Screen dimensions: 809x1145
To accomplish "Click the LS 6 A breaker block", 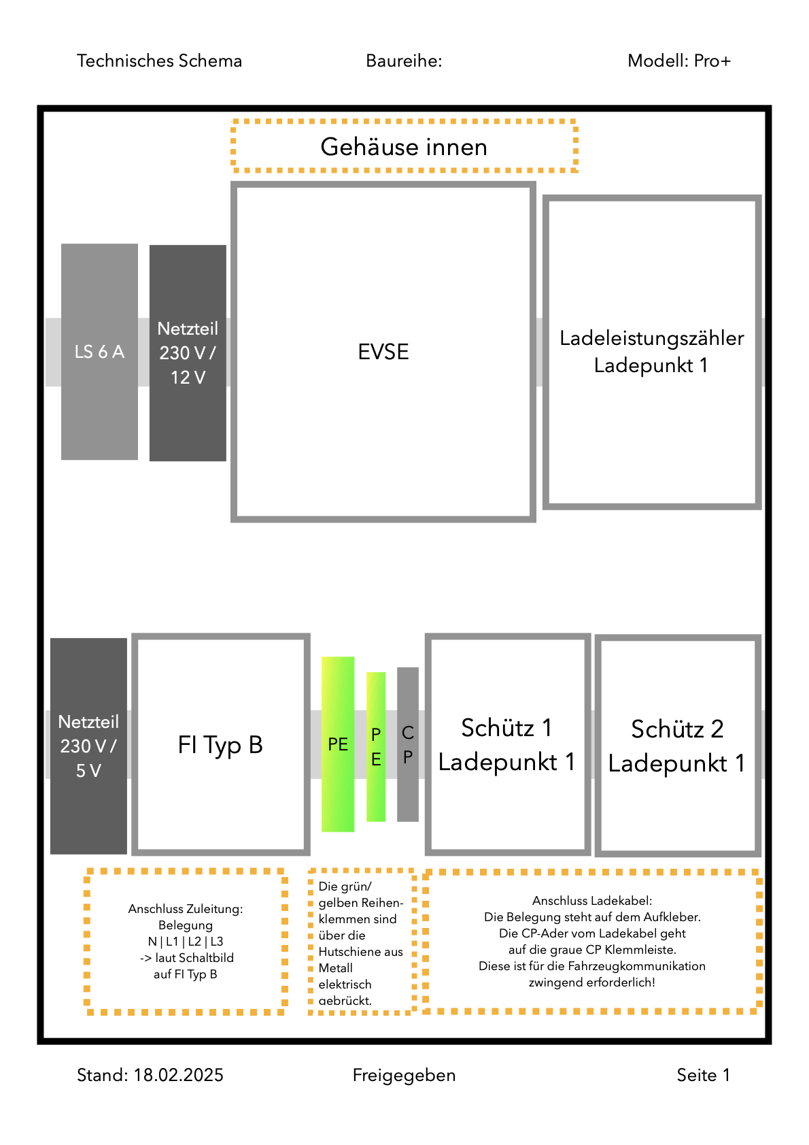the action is coord(99,352).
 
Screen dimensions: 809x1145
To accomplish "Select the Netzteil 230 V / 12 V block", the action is coord(188,353).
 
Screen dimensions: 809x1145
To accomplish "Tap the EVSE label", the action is coord(383,352).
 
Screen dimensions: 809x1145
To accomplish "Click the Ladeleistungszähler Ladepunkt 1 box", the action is coord(652,352).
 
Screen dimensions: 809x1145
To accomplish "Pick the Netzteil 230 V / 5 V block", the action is coord(88,746).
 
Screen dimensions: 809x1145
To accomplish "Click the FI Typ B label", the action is coord(220,745).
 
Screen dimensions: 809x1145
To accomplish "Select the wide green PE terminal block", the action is coord(338,744).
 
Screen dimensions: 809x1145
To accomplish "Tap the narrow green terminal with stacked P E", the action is coord(376,747).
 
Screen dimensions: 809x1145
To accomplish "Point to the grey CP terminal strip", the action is coord(408,744).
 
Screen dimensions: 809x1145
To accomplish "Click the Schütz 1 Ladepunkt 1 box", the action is coord(507,744).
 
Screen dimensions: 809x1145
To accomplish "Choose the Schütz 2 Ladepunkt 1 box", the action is coord(678,746).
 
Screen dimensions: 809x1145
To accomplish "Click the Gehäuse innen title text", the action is coord(404,147).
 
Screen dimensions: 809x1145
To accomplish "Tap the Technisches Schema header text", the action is coord(159,61).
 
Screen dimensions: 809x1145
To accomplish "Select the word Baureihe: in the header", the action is coord(404,61).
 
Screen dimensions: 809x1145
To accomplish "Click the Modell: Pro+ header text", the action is coord(679,61).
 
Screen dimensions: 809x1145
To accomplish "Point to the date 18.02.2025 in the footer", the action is coord(179,1075).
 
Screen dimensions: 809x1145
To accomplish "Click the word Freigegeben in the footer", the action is coord(404,1076).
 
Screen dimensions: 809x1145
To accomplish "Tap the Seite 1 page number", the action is coord(704,1075).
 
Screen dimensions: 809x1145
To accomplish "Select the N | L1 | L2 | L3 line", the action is coord(186,942).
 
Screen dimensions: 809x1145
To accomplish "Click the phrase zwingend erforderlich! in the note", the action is coord(592,982).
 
